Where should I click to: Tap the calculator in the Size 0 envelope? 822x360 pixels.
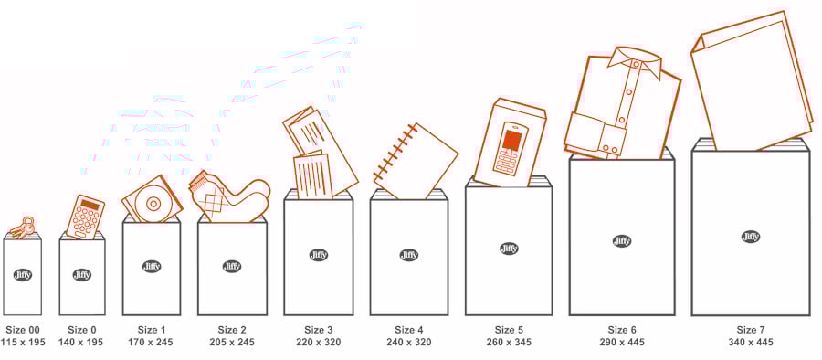click(86, 217)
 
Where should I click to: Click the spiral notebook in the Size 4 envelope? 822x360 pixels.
click(416, 162)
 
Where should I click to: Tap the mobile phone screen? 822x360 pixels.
click(511, 140)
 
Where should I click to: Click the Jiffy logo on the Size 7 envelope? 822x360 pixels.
click(751, 237)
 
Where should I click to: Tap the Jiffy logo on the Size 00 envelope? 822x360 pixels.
click(23, 274)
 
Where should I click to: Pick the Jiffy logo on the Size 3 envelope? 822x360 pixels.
click(318, 255)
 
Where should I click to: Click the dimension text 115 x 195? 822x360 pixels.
click(23, 342)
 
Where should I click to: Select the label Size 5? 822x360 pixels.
click(509, 330)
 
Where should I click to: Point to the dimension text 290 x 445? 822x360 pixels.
click(622, 342)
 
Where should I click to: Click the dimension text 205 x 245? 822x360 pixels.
click(232, 342)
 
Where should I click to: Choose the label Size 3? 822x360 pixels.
click(318, 330)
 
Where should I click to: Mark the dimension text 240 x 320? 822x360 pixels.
click(409, 342)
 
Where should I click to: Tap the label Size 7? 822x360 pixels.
click(751, 330)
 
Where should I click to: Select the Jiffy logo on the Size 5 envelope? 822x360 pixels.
click(509, 249)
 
